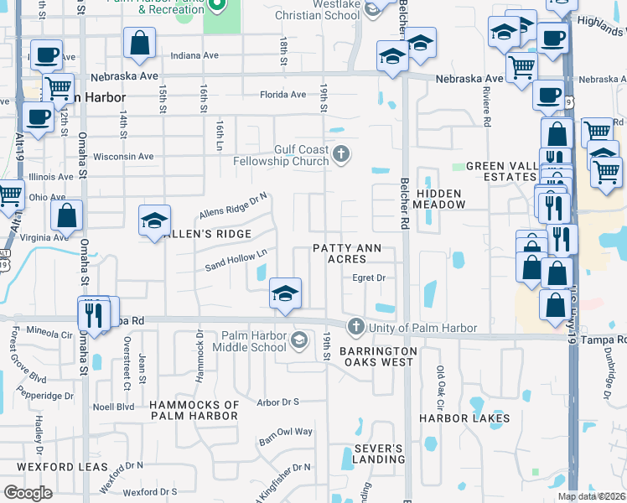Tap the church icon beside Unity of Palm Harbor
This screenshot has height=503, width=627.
coord(355,326)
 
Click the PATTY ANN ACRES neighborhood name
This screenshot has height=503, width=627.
coord(347,253)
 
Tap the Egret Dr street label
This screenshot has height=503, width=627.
coord(368,277)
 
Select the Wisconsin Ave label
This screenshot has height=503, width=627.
coord(123,156)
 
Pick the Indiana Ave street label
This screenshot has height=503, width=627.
coord(194,55)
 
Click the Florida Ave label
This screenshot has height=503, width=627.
coord(282,95)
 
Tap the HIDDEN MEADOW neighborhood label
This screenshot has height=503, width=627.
coord(438,199)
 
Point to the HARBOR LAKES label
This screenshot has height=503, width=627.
coord(464,417)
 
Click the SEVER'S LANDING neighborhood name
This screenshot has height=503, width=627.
coord(379,454)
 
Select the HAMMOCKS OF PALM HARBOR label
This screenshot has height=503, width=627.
coord(194,411)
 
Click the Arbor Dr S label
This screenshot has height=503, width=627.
coord(278,402)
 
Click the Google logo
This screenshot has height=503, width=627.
coord(28,493)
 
